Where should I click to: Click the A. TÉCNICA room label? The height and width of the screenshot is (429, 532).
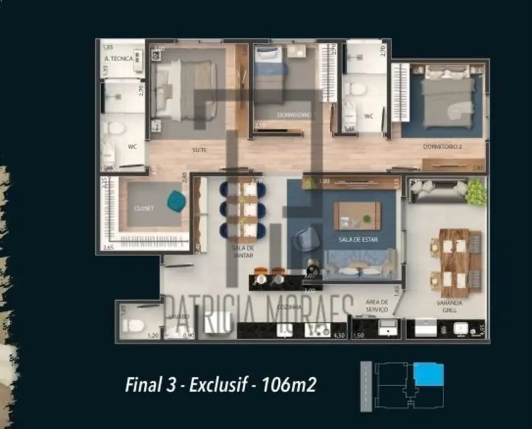(x=119, y=59)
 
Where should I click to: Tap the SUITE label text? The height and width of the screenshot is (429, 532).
(x=199, y=150)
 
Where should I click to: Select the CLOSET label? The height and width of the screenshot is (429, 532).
(x=144, y=207)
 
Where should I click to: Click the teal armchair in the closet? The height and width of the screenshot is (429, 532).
(x=176, y=201)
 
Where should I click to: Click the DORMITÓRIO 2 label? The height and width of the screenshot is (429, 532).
(x=440, y=147)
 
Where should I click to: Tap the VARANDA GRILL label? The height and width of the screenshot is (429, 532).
(x=449, y=306)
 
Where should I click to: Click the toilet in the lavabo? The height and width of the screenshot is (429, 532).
(x=135, y=325)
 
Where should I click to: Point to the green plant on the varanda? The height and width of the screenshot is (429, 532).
(x=475, y=192)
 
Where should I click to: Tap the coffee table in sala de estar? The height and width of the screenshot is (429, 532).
(x=357, y=215)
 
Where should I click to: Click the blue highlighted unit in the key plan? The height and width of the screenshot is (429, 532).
(x=428, y=376)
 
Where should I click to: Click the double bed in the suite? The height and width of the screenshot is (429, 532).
(x=187, y=90)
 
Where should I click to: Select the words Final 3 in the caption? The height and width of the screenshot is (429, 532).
(x=150, y=384)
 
